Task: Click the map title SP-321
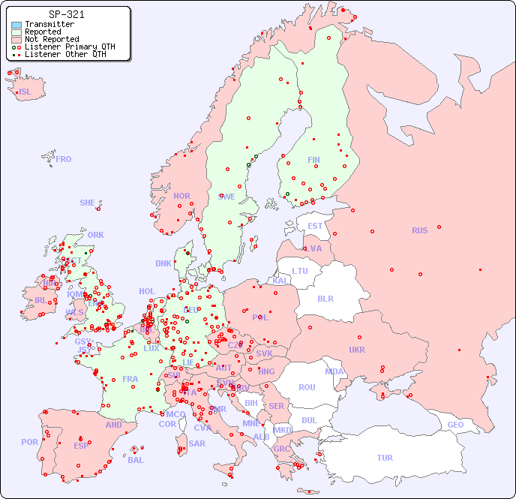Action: pos(66,14)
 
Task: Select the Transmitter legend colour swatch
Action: pos(16,25)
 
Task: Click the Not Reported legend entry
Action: pos(51,40)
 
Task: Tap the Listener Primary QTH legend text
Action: pos(70,47)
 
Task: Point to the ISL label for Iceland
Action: pos(25,92)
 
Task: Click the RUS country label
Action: pos(419,230)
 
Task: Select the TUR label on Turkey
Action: pos(385,458)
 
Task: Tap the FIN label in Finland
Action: pos(313,160)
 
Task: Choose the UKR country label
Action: pos(356,350)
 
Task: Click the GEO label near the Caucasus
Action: pos(455,425)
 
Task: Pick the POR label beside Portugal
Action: pos(29,442)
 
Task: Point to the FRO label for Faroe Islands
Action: pos(64,159)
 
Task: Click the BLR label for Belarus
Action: pos(325,298)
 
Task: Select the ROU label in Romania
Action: pos(307,387)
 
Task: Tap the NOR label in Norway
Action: pos(181,196)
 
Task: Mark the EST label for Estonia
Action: pos(315,226)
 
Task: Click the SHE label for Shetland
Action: pos(88,203)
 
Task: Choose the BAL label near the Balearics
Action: pos(135,460)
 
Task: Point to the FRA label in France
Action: pos(130,379)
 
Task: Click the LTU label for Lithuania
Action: pos(300,271)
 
